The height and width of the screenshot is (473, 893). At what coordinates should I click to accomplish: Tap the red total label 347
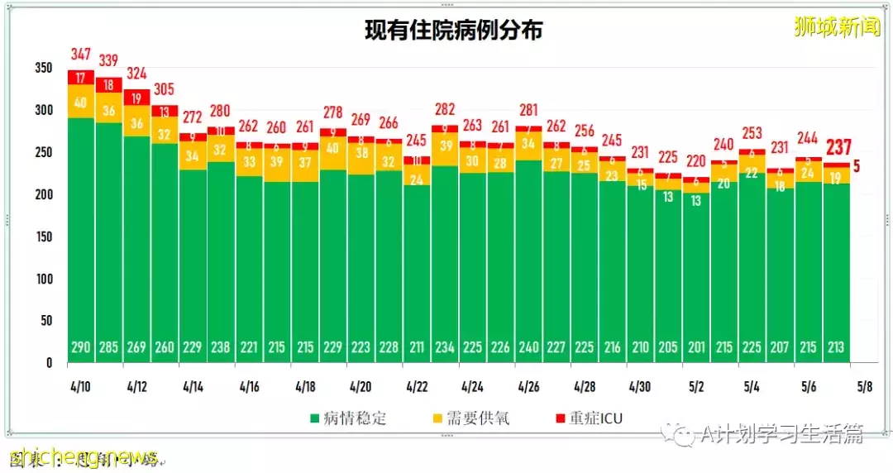coord(81,55)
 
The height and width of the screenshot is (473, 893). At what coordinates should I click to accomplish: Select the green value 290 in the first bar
coord(81,347)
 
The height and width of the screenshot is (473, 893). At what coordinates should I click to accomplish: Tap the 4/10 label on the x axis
coord(81,385)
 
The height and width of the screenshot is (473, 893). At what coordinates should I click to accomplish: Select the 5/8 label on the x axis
coord(863,385)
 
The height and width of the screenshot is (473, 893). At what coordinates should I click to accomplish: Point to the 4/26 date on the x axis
coord(528,385)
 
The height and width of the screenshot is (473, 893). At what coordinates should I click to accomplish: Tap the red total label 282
coord(445,110)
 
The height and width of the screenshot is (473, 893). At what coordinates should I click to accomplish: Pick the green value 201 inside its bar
coord(696,347)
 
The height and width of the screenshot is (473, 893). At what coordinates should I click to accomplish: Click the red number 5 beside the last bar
coord(857,166)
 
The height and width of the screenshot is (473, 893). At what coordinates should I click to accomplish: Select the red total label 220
coord(696,161)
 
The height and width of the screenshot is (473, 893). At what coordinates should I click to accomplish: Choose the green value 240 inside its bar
coord(528,347)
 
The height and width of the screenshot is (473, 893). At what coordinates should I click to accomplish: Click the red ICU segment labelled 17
coord(81,78)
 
